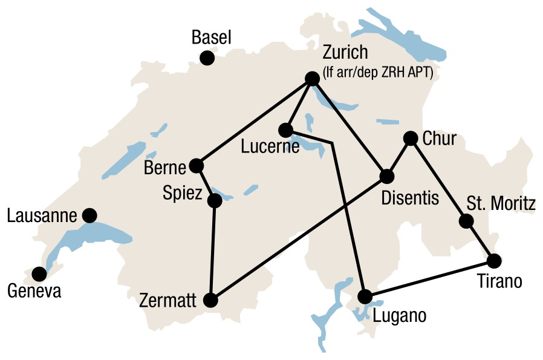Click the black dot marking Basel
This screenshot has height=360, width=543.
[207, 58]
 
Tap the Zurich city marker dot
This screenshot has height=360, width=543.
[312, 79]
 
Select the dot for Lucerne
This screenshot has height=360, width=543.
[286, 129]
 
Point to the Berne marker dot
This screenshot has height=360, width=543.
[196, 165]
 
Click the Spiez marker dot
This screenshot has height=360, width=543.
[215, 200]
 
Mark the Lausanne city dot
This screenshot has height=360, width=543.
[89, 215]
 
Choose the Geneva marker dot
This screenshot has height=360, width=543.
[39, 274]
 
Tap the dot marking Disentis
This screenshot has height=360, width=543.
[386, 177]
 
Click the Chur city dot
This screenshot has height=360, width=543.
[411, 139]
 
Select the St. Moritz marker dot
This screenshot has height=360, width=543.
[466, 221]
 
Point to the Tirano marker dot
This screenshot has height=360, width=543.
[494, 261]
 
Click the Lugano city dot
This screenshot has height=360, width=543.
[365, 296]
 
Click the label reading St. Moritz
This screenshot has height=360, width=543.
[501, 204]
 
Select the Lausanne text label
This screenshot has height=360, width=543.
[43, 215]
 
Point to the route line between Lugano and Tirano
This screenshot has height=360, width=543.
[429, 279]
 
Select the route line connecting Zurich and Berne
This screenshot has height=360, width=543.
[254, 122]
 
